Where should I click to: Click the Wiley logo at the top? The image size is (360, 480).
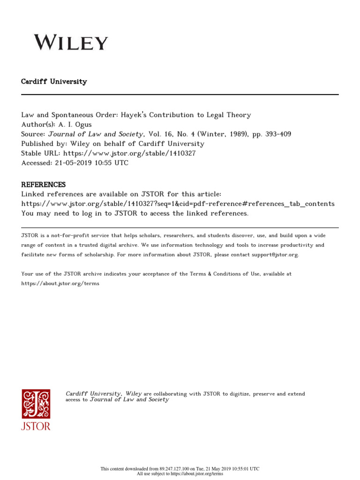[71, 43]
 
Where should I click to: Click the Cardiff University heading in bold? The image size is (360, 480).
[54, 82]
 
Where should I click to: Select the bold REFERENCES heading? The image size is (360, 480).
[44, 185]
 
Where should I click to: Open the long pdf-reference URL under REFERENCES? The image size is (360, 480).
[178, 204]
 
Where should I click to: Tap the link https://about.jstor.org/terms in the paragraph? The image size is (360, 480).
[60, 284]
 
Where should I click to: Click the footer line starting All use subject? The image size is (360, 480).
[180, 474]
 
